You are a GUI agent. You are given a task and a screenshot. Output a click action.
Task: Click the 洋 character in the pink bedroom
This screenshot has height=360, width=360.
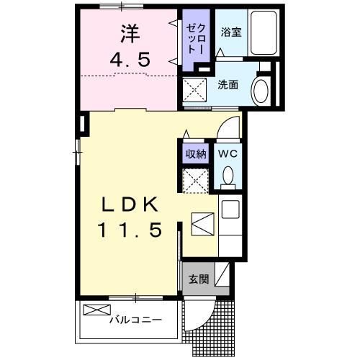(x=130, y=33)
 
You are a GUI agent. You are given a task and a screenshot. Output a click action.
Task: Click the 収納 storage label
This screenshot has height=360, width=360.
(x=195, y=153)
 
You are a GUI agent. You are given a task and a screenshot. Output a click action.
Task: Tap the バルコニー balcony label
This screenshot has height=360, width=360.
(x=135, y=319)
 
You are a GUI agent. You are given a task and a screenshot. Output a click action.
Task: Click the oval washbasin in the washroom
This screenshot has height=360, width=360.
(x=261, y=91)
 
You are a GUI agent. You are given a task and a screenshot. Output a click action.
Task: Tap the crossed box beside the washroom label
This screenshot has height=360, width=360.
(x=195, y=92)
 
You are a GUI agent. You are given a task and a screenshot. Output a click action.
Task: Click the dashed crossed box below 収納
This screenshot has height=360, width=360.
(x=195, y=179)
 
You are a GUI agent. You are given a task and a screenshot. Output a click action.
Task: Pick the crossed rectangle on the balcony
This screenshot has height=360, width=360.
(x=94, y=310)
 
